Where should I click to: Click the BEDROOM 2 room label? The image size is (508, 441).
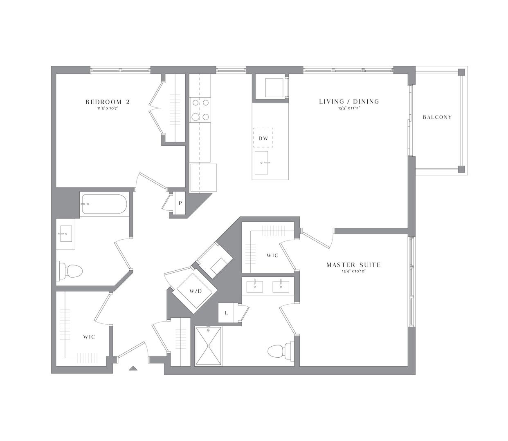[107, 102]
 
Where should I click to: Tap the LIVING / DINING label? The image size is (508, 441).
[349, 101]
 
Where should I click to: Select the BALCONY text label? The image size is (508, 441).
[437, 117]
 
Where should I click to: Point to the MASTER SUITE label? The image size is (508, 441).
[353, 265]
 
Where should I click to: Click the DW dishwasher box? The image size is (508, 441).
[263, 138]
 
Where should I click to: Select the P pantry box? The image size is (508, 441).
[180, 203]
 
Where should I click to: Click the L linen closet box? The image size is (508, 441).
[226, 313]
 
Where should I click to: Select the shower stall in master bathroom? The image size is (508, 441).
[208, 346]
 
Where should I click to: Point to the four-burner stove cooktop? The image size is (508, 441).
[200, 110]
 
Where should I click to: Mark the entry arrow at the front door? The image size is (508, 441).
[132, 368]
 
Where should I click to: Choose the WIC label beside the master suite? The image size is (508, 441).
[272, 255]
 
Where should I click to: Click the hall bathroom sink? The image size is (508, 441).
[64, 234]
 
